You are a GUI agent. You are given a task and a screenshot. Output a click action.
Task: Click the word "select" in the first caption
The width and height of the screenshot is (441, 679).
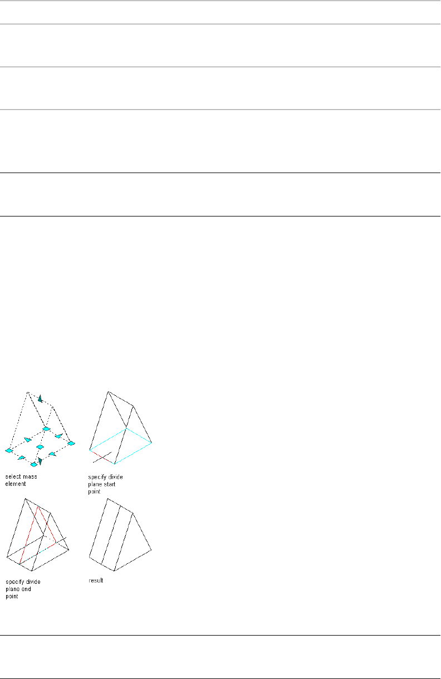tap(12, 477)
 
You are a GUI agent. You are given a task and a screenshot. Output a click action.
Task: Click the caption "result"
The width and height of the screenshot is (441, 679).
tap(96, 581)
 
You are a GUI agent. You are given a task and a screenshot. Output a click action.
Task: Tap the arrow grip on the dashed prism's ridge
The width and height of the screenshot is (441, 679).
tap(40, 398)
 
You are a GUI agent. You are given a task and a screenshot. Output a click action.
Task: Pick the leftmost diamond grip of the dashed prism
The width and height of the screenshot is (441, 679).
tap(9, 450)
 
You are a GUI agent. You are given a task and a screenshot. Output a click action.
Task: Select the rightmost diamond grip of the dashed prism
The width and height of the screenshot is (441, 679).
tap(71, 443)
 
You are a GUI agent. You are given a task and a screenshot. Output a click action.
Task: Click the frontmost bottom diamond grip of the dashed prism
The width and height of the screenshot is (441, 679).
tap(33, 464)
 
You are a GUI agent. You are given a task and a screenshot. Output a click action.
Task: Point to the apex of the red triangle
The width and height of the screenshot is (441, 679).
tap(37, 507)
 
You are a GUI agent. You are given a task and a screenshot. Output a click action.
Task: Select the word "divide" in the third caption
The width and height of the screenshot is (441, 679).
tap(33, 582)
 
